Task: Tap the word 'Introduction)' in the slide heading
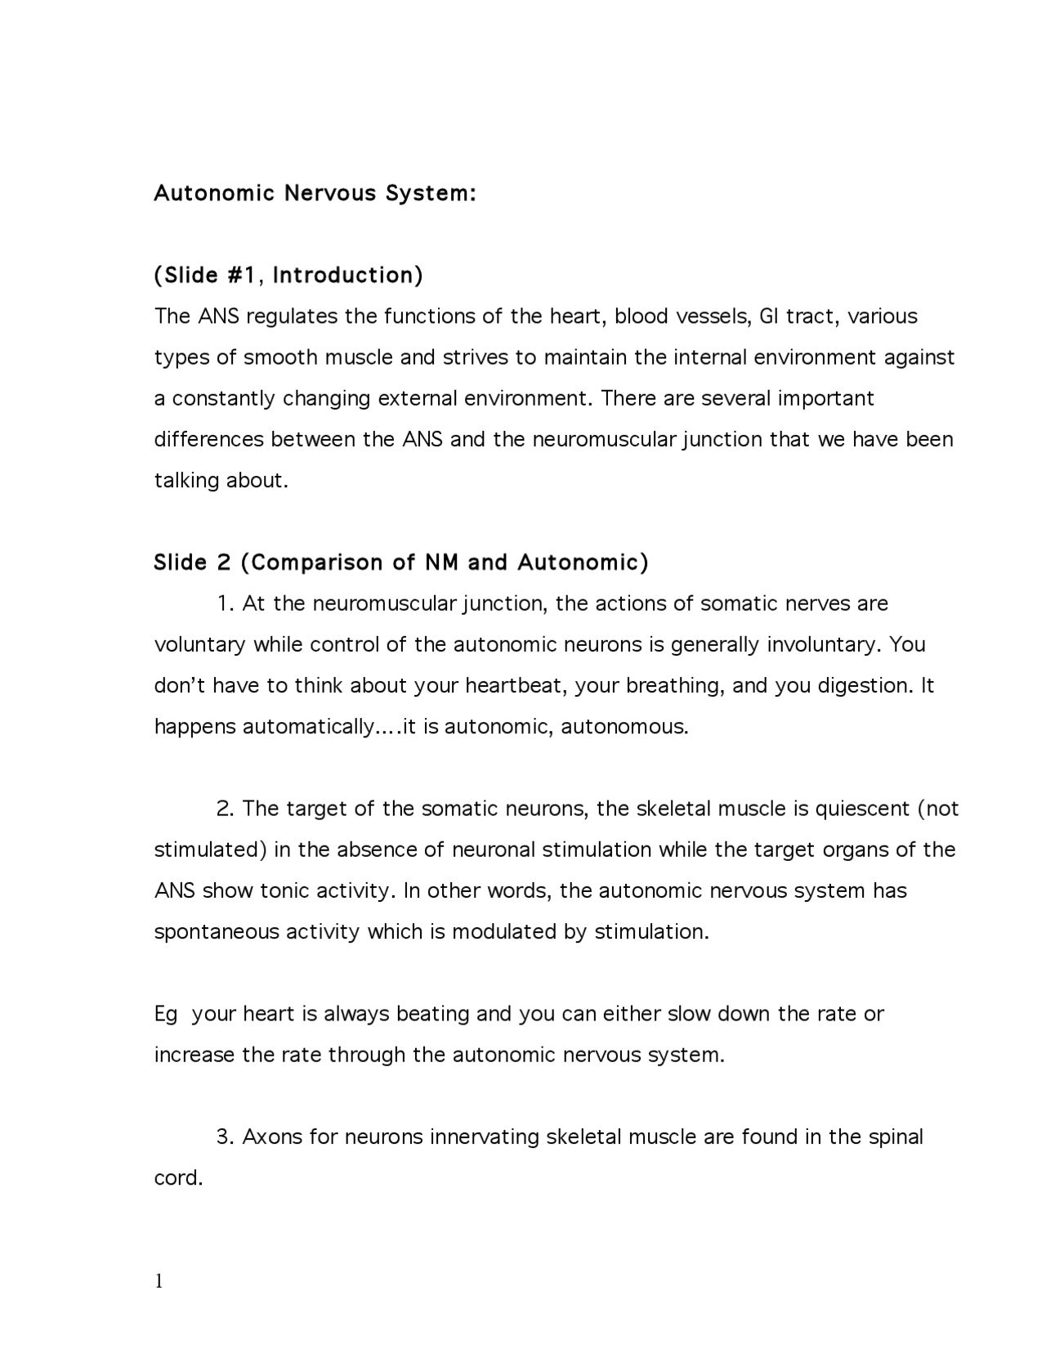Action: click(347, 276)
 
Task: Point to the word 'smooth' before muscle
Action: click(280, 357)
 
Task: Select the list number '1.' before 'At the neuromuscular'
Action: click(226, 603)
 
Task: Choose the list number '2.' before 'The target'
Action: click(226, 809)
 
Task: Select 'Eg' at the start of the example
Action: click(165, 1014)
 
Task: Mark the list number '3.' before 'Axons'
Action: click(226, 1137)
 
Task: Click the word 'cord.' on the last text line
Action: click(178, 1178)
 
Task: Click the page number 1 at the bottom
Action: click(159, 1281)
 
